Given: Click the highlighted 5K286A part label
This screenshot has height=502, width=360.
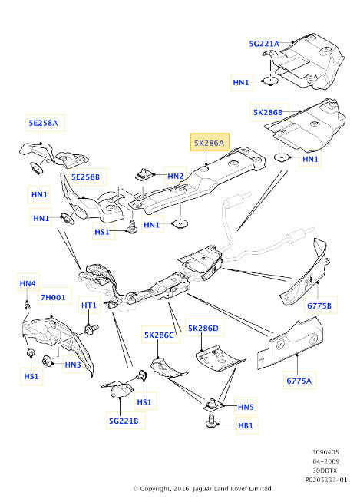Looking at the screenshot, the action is (210, 143).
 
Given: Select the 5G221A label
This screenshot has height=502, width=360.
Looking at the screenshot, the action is (264, 44).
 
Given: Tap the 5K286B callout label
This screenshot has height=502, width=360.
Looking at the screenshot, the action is (268, 112).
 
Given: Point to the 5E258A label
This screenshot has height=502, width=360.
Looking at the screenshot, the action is (43, 123).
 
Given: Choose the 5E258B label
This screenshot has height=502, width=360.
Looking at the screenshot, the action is (85, 177).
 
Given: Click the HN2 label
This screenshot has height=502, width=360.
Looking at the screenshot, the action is (176, 176).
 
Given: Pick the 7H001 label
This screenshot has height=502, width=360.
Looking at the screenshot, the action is (53, 297).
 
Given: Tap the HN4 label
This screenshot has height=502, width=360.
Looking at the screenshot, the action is (28, 283).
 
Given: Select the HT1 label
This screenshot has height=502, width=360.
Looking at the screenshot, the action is (89, 305).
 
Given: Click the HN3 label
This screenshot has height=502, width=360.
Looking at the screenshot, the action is (73, 365).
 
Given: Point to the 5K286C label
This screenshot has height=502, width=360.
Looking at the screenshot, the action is (159, 335).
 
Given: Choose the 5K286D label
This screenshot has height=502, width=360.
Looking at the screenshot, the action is (203, 329).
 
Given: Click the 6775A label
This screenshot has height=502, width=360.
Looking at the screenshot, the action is (299, 381).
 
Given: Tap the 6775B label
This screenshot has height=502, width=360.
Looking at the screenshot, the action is (319, 305).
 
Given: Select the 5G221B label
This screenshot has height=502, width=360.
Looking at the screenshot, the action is (124, 421).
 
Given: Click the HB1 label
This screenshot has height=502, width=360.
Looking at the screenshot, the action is (246, 425).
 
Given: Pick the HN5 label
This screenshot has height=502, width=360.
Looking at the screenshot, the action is (246, 407).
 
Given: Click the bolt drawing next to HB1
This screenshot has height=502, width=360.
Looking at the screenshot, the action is (211, 421).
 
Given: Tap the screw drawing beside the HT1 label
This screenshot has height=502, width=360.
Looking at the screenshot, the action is (91, 329).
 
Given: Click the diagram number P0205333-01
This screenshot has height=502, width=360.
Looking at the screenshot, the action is (326, 480).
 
